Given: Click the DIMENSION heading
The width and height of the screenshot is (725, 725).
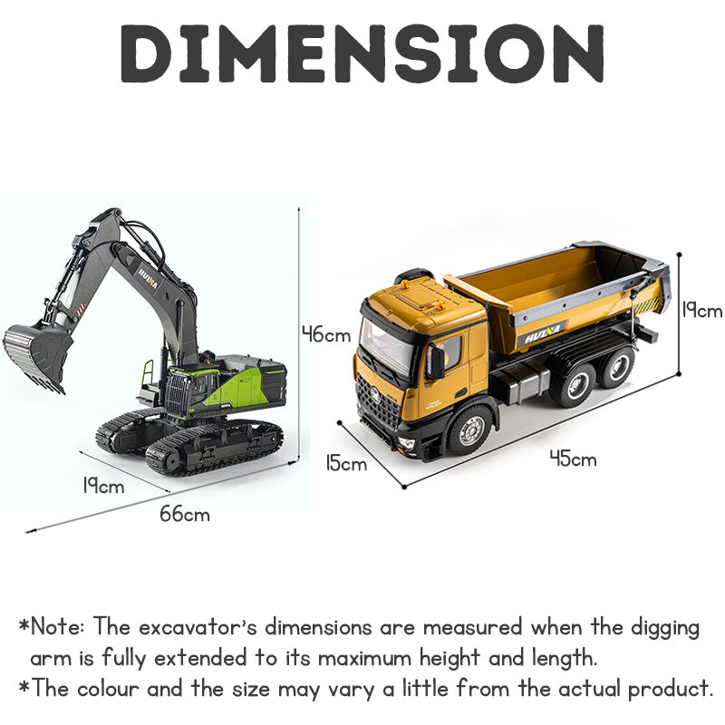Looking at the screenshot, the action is coord(362,53).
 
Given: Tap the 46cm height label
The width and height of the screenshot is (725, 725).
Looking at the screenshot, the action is coord(326,334).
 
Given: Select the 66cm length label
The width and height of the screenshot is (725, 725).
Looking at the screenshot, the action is coord(185,514).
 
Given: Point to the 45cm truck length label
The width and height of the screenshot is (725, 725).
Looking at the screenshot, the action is coord(574,459).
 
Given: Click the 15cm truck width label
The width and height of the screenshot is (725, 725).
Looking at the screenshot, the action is coord(346,463).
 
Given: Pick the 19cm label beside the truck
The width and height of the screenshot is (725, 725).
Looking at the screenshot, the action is coord(701,310).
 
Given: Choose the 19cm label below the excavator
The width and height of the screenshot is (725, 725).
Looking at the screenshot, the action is coord(103,486).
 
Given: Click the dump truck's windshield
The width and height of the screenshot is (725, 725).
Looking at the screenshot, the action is coord(386,343).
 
